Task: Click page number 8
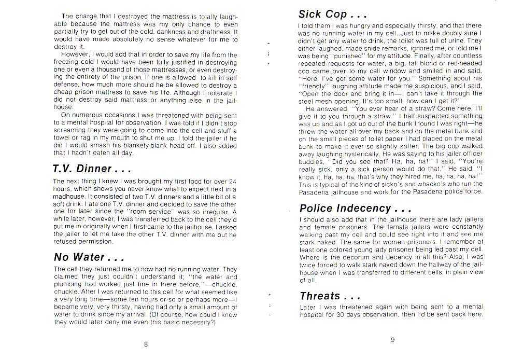click(x=146, y=343)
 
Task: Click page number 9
click(x=392, y=340)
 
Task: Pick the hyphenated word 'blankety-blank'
click(x=161, y=146)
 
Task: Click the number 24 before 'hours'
click(x=232, y=181)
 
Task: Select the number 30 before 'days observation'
click(x=344, y=314)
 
